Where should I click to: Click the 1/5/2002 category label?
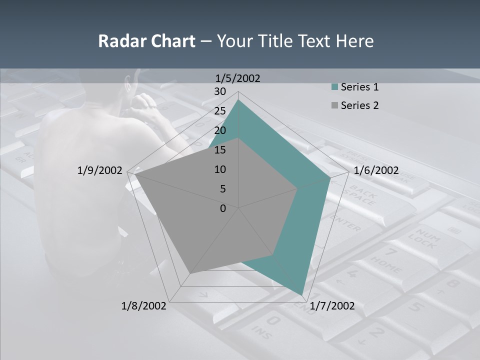click(237, 78)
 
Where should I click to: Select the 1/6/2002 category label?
click(376, 170)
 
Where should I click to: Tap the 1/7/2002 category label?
click(332, 306)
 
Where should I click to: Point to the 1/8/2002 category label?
click(144, 306)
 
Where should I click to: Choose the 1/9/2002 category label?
click(99, 170)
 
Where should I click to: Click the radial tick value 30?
click(219, 91)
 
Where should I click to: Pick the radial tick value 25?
click(219, 111)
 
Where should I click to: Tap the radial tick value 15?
click(219, 150)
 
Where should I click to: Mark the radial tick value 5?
click(222, 189)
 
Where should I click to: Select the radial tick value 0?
click(223, 208)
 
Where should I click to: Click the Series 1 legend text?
click(359, 87)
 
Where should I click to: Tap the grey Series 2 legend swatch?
click(334, 105)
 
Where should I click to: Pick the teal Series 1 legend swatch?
click(334, 87)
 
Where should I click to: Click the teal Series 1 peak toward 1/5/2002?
click(238, 100)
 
